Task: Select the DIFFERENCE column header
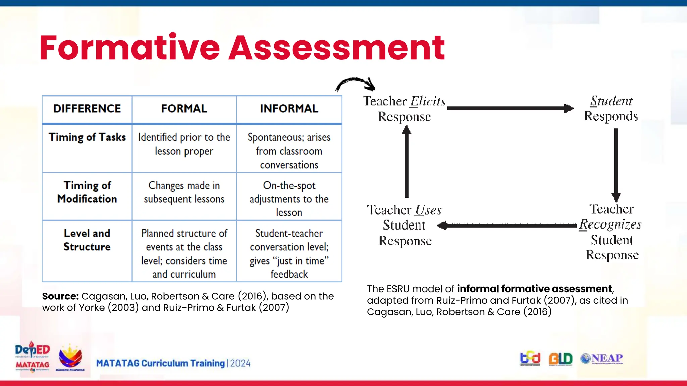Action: point(87,109)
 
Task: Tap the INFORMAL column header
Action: point(289,109)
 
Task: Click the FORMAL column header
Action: point(184,109)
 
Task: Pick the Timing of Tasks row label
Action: point(87,137)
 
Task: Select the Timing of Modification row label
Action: point(87,192)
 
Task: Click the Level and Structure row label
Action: point(87,240)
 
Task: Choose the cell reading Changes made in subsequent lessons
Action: point(184,192)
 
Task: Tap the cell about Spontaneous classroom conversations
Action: point(289,151)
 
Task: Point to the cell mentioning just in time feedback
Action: point(289,254)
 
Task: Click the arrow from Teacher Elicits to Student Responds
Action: point(510,108)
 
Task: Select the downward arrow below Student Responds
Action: point(616,164)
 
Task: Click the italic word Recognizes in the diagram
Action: point(610,224)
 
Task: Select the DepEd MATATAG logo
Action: point(32,357)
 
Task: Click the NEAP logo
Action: point(602,359)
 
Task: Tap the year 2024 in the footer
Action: point(240,363)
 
